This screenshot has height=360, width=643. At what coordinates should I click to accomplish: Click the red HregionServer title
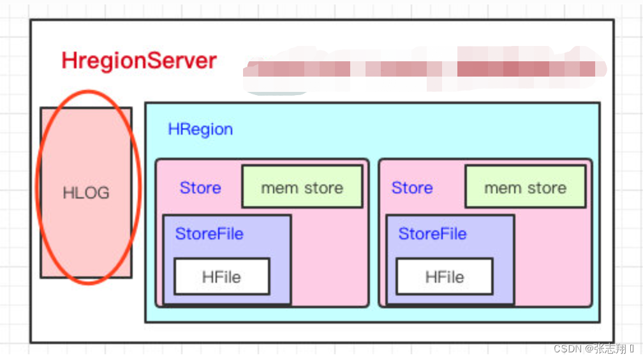139,61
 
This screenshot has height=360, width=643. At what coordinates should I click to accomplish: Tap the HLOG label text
86,193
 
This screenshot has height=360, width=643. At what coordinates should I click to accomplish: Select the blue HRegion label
200,130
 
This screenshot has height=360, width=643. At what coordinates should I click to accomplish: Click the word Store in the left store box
200,188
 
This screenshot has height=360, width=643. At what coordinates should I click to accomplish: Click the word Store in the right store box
412,188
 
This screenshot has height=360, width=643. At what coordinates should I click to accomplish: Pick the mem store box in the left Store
302,186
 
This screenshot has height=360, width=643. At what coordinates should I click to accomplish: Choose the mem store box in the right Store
525,186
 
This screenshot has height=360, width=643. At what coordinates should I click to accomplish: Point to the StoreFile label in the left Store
209,234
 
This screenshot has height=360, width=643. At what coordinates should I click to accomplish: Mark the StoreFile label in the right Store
432,234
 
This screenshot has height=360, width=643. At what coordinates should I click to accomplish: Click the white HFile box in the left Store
222,276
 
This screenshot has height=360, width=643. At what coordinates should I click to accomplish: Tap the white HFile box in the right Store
445,276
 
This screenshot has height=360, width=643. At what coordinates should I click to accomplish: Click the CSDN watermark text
566,349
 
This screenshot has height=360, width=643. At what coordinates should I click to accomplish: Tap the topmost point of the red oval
86,91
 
